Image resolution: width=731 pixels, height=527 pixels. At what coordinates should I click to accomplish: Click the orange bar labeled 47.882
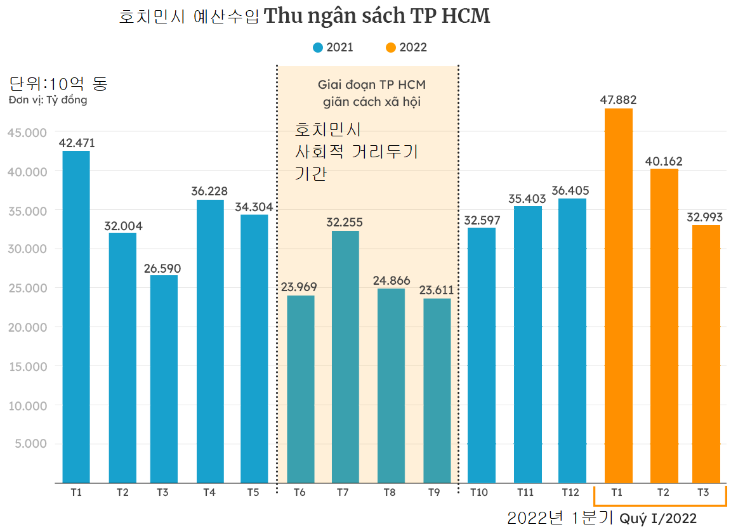coord(618,296)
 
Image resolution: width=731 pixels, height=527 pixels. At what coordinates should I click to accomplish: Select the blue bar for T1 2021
coord(76,316)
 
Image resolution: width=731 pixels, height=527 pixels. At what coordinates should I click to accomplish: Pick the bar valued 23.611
coord(437,390)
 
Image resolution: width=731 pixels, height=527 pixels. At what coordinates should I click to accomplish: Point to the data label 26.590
coord(164,268)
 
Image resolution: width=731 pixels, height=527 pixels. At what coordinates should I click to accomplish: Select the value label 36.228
coord(209,192)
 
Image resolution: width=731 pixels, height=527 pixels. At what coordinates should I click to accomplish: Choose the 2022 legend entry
coord(406,48)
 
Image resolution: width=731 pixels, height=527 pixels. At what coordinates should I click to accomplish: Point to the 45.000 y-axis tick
coord(27,132)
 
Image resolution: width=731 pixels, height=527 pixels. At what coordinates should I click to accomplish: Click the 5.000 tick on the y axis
coord(30,443)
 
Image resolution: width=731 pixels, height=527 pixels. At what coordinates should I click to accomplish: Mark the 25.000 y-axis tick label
coord(27,288)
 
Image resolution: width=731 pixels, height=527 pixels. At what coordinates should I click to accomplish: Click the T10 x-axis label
coord(480,492)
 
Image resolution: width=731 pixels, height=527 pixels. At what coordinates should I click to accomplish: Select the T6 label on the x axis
coord(300,492)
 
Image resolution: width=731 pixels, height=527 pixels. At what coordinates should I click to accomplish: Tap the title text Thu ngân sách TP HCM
coord(377,16)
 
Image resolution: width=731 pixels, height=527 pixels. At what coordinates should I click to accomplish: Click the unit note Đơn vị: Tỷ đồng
coord(48,100)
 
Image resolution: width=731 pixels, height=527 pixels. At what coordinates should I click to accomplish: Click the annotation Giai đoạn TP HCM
coord(371,84)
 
